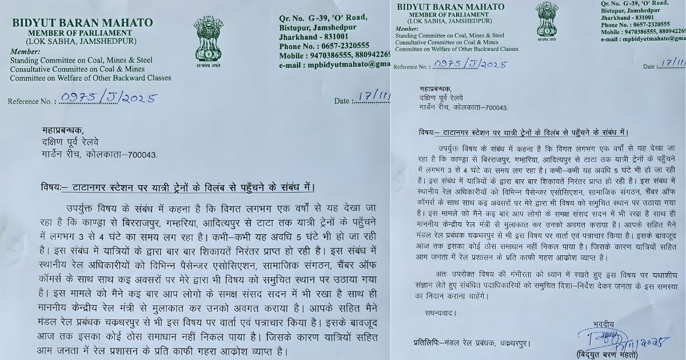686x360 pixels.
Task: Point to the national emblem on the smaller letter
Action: point(547,21)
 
